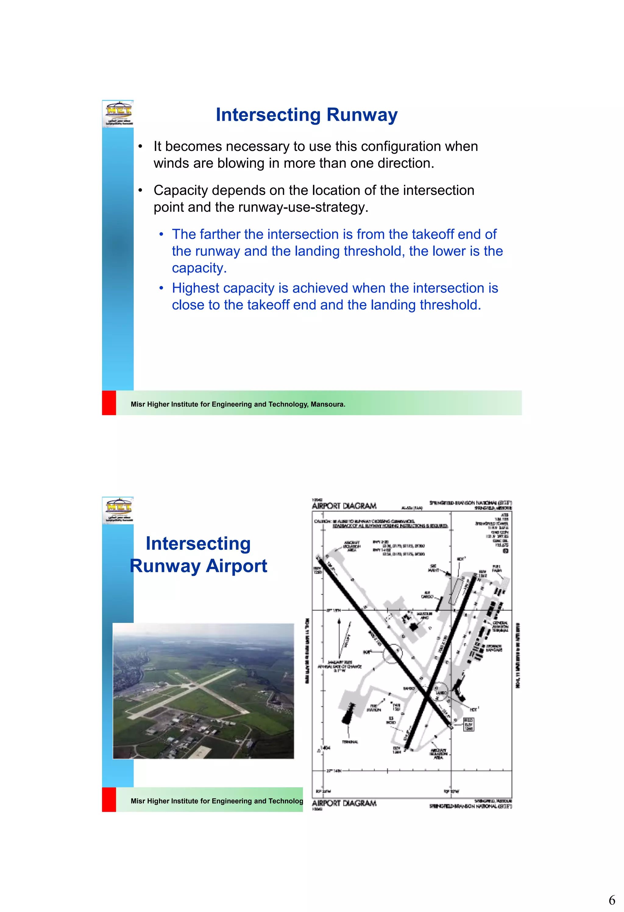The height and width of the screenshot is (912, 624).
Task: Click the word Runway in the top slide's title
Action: click(x=362, y=115)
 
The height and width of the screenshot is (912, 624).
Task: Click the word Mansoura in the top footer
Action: click(x=328, y=404)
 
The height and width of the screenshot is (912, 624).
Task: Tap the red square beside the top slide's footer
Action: click(x=109, y=402)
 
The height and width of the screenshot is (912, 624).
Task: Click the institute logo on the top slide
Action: click(x=118, y=113)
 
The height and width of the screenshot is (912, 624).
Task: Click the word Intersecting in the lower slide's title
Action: click(x=198, y=544)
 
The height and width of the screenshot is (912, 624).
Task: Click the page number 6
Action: click(x=612, y=899)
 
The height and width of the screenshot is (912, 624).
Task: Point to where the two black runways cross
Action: click(x=426, y=696)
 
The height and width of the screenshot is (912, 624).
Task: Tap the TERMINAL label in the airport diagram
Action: click(x=350, y=742)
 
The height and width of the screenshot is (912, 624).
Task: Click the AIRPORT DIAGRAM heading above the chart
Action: click(x=344, y=506)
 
